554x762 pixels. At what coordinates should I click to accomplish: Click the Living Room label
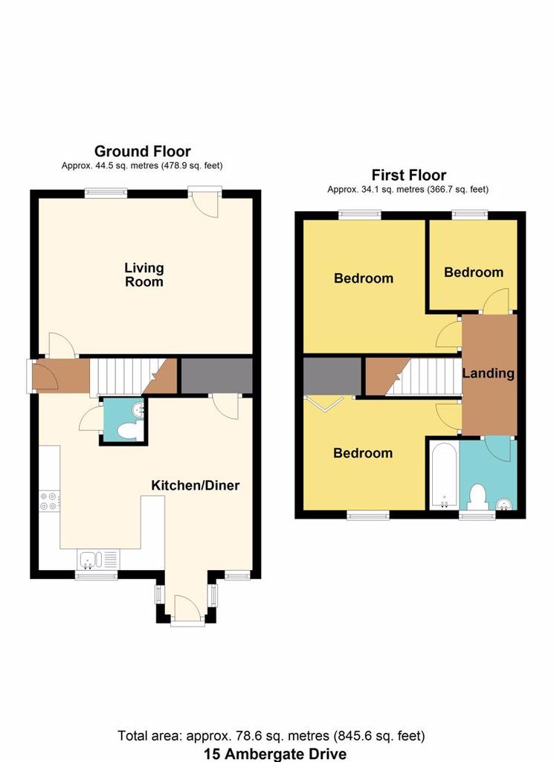(x=144, y=275)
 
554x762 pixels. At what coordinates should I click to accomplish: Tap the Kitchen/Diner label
(x=195, y=485)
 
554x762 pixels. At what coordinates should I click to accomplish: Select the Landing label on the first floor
(x=488, y=374)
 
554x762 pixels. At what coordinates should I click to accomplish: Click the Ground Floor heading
(x=142, y=151)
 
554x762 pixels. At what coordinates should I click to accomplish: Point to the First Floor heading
(x=409, y=175)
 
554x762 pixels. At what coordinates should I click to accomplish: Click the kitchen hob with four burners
(x=49, y=501)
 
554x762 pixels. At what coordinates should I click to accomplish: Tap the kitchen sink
(x=97, y=560)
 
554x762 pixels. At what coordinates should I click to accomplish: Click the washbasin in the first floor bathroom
(x=506, y=504)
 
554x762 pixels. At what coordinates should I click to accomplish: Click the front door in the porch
(x=187, y=608)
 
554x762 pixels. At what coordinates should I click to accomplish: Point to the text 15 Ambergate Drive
(x=275, y=754)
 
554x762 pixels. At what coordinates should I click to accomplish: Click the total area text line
(x=271, y=736)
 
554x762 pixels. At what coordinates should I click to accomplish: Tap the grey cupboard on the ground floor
(x=217, y=376)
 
